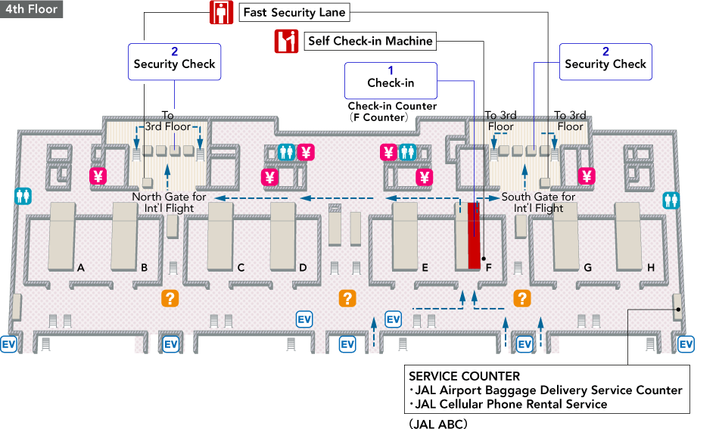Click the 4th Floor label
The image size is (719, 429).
(x=31, y=10)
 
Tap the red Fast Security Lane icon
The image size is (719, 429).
(x=220, y=13)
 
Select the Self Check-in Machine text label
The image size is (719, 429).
(x=370, y=41)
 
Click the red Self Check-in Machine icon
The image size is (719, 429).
(x=286, y=41)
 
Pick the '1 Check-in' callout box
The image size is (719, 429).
(x=391, y=77)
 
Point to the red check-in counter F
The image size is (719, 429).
(x=474, y=235)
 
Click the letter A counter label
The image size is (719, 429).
(x=80, y=267)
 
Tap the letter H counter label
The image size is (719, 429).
(x=651, y=267)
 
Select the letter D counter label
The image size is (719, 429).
(x=303, y=267)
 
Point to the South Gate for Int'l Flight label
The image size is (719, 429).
(x=538, y=203)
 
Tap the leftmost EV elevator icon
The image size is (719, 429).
(x=9, y=344)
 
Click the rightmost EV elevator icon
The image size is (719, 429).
(x=686, y=344)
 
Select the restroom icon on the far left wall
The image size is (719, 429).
(x=23, y=195)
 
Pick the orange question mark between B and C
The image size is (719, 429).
(x=170, y=298)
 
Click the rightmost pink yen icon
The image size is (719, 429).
(x=587, y=176)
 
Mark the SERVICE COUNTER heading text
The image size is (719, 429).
(x=464, y=376)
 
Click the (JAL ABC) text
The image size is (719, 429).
(x=439, y=424)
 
